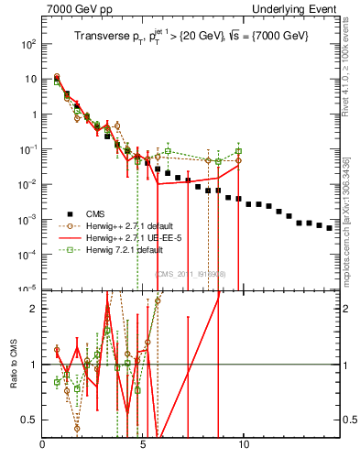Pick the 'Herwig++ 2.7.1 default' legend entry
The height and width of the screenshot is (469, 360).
(132, 225)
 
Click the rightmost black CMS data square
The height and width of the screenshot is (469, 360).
(330, 228)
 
